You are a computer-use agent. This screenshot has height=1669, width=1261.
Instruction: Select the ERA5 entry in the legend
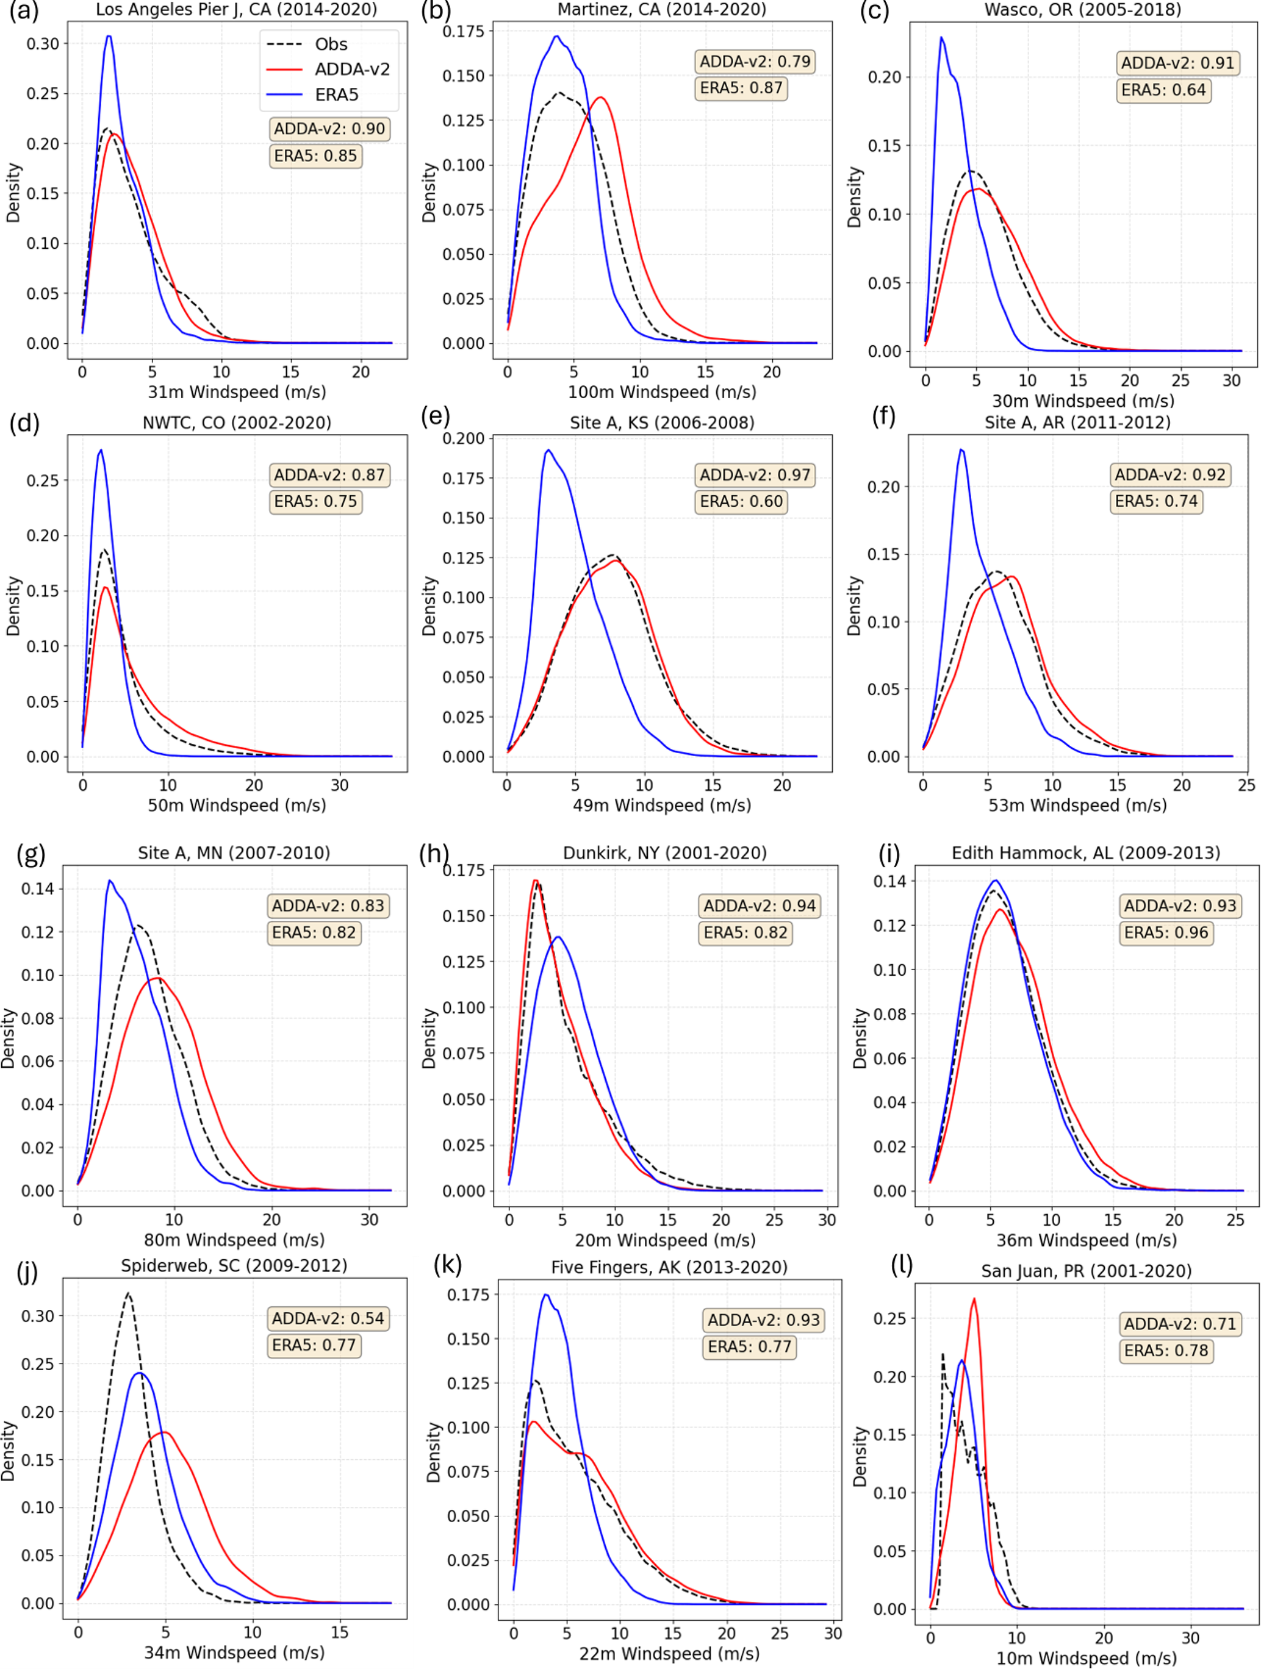(x=312, y=95)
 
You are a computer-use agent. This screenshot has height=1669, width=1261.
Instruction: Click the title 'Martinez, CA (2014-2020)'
(x=661, y=10)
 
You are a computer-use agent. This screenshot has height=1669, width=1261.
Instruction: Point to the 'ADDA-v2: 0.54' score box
(x=328, y=1318)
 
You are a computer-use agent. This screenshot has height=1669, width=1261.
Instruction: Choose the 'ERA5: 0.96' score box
(x=1166, y=932)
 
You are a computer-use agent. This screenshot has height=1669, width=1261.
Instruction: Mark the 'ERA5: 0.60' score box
(x=741, y=502)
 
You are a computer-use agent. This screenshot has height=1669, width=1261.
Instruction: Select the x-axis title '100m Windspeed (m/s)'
(x=662, y=391)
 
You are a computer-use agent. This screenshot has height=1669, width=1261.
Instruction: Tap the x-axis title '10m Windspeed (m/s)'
(x=1086, y=1657)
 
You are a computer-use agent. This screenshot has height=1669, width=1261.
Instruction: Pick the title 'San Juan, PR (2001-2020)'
(x=1086, y=1271)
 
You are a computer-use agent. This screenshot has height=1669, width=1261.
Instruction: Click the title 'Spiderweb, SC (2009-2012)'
(x=234, y=1265)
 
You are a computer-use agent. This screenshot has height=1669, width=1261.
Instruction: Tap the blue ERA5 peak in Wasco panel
(x=941, y=37)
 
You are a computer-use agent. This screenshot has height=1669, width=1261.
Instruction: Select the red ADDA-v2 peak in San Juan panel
(x=974, y=1298)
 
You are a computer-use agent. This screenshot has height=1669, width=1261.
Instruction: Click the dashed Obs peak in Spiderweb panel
(x=128, y=1293)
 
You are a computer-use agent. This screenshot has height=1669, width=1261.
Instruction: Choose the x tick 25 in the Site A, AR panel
(x=1246, y=785)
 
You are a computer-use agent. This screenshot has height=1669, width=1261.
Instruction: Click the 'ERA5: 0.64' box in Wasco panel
(x=1163, y=90)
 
